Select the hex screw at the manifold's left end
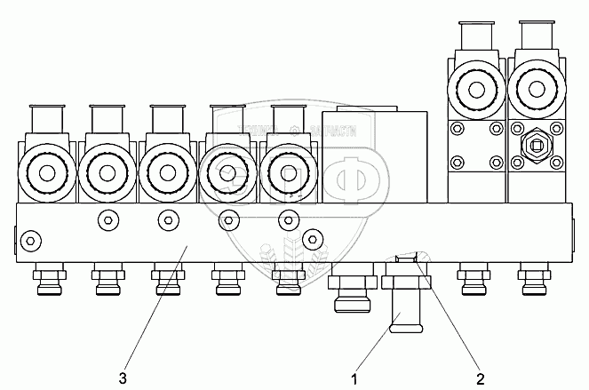(29, 240)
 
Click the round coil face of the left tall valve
(477, 90)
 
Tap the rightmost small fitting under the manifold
(531, 282)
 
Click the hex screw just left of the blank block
(310, 237)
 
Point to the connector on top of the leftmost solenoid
(46, 120)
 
